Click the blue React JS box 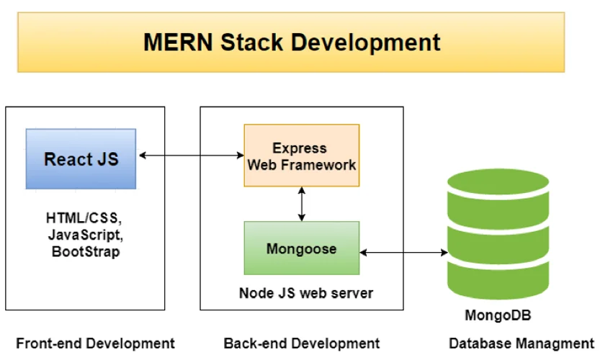pos(81,158)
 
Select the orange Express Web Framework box pos(301,156)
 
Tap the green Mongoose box pos(301,249)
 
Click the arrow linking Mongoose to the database pos(403,252)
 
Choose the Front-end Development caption pos(95,343)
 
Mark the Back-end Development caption pos(301,343)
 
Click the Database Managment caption pos(521,343)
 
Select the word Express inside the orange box pos(301,148)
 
